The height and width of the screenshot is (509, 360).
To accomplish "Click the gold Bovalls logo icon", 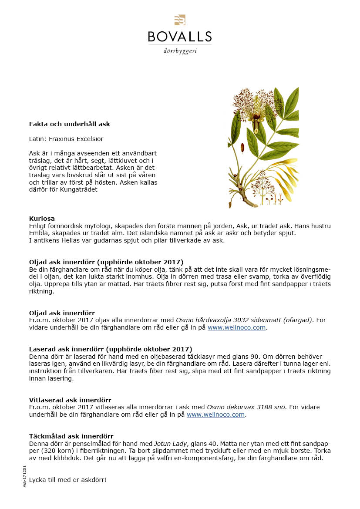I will [180, 20].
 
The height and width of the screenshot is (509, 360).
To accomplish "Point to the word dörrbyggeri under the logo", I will [180, 51].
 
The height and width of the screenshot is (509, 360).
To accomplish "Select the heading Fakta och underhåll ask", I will [70, 124].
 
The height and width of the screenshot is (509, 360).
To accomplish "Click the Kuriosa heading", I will [42, 218].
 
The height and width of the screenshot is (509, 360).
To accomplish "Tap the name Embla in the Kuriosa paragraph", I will [38, 233].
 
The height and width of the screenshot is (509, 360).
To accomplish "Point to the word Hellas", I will [71, 240].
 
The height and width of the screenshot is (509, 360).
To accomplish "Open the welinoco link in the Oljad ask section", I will [236, 327].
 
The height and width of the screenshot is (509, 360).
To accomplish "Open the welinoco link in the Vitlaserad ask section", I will [215, 415].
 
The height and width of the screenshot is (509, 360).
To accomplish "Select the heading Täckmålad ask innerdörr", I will [71, 436].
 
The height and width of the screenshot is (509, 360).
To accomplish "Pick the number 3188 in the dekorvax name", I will [263, 407].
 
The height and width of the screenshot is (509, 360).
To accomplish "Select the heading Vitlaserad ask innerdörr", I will [70, 400].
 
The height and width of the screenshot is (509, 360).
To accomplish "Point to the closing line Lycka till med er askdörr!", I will [67, 480].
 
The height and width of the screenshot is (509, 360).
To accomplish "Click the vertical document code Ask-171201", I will [25, 476].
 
